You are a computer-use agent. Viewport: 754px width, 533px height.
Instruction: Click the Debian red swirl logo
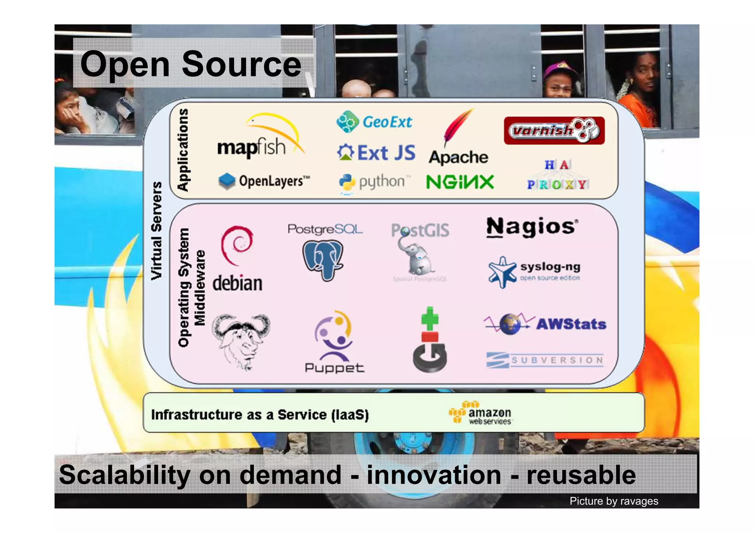(237, 245)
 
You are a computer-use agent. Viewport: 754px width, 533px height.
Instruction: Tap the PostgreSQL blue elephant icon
(323, 259)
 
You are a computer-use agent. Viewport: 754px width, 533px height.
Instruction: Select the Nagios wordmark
(532, 227)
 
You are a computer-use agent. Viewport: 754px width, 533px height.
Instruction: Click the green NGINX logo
(460, 182)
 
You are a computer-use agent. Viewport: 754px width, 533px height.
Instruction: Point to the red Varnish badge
(554, 130)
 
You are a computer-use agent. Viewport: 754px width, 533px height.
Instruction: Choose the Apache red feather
(458, 127)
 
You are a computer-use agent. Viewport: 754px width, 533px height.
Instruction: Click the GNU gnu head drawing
(241, 341)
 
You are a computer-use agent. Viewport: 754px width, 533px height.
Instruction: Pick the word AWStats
(571, 324)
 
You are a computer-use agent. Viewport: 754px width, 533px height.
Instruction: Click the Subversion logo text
(557, 360)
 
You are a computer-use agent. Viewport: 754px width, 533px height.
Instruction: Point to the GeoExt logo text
(387, 122)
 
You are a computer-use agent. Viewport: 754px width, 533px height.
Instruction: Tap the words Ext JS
(386, 153)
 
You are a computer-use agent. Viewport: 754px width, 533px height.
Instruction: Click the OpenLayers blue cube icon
(227, 181)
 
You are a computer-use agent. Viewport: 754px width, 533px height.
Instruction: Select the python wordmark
(382, 182)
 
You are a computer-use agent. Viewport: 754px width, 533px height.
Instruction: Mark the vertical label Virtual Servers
(156, 231)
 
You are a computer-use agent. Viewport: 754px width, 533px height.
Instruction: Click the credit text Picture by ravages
(614, 501)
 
